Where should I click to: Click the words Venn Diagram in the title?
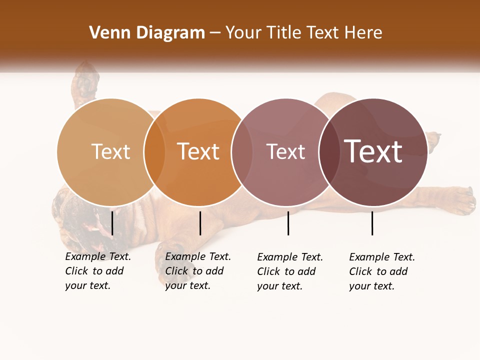[147, 33]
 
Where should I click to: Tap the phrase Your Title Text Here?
[303, 33]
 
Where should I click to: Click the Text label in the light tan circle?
[110, 151]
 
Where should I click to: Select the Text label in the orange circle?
[198, 151]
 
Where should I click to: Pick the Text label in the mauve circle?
[285, 151]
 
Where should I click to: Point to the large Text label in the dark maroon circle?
[373, 151]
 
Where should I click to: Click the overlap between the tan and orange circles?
[154, 151]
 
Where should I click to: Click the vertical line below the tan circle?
[112, 223]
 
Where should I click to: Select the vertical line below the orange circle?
[200, 223]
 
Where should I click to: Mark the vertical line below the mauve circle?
[288, 223]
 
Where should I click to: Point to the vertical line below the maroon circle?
[372, 223]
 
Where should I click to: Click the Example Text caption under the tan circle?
[98, 271]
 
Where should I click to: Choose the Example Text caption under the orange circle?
[198, 271]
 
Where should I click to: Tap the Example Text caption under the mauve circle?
[290, 271]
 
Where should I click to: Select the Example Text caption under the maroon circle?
[382, 271]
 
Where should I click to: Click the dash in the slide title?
[215, 33]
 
